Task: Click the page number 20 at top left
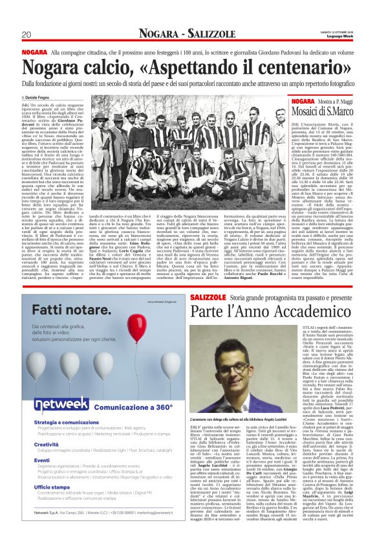(27, 34)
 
